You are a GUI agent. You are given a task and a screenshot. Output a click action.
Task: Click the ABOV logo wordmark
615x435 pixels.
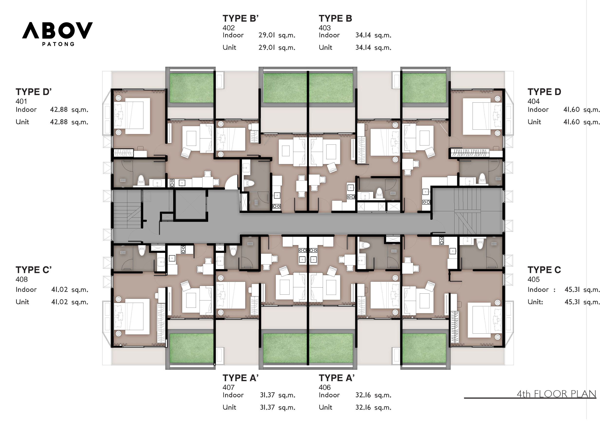57,30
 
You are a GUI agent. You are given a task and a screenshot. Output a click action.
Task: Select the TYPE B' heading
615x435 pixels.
241,18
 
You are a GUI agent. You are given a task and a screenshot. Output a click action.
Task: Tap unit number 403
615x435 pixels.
325,28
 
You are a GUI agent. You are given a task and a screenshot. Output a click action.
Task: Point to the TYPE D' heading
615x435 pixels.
34,92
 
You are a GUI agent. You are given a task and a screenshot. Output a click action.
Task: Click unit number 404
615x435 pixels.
534,101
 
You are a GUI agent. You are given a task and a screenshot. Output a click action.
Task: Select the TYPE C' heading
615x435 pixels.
34,270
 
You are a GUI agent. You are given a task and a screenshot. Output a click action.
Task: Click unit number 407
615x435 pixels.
228,387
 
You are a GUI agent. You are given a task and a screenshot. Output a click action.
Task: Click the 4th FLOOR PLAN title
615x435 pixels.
556,394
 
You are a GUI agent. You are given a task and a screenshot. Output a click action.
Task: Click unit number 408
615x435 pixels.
22,280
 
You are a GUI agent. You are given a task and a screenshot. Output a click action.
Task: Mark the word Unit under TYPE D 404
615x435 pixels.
534,122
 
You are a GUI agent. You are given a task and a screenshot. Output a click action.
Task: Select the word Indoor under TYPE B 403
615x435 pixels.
329,35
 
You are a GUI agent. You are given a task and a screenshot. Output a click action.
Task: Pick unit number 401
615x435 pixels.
21,101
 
